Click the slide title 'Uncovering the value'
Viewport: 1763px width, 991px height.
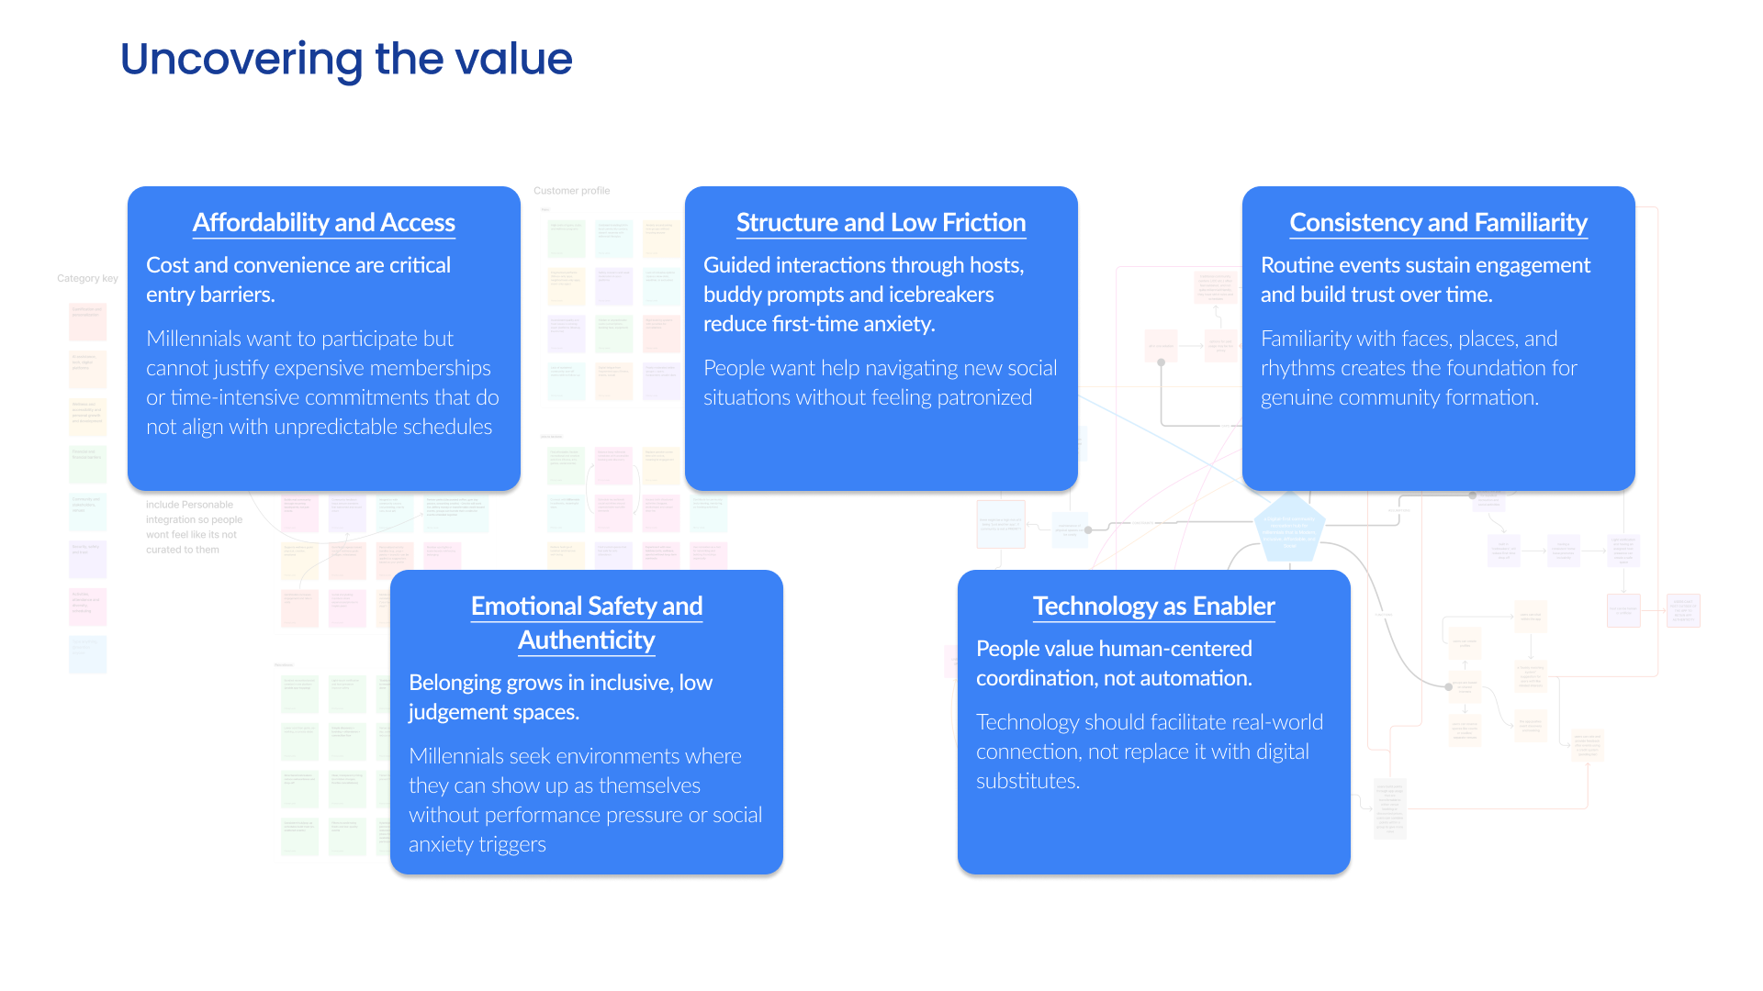click(x=346, y=59)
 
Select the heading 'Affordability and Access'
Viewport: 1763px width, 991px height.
click(x=323, y=223)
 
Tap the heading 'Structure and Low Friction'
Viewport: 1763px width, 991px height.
click(x=881, y=223)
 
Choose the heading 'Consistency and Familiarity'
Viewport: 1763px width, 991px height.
click(x=1438, y=223)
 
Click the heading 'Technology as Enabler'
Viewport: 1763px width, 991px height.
click(x=1153, y=607)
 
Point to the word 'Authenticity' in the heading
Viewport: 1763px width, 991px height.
click(x=586, y=640)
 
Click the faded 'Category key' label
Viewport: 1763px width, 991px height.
click(x=87, y=278)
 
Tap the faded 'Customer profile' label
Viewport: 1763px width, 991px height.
click(x=571, y=191)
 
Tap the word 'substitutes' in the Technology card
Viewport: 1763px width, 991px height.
click(x=1027, y=781)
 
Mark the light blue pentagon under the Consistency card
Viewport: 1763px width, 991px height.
click(x=1289, y=528)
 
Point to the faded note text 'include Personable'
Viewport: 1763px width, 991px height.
click(x=189, y=505)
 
